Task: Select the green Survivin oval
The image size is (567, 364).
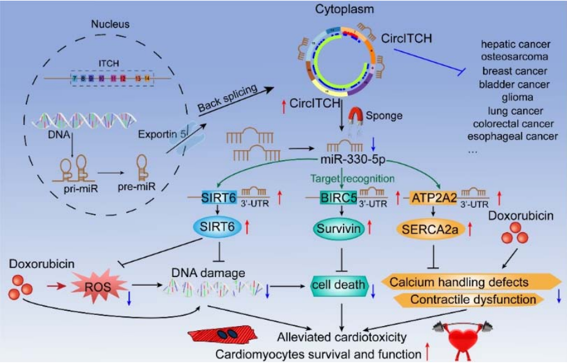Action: [336, 230]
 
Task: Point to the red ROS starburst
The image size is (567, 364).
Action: [98, 285]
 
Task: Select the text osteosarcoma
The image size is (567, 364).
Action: [514, 57]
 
